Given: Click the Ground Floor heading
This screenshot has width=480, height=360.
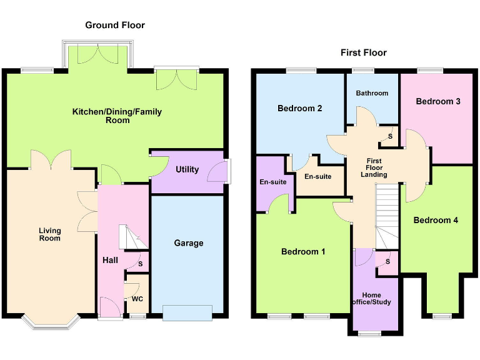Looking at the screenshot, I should point(115,25).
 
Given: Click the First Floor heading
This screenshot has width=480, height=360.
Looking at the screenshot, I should point(363,52).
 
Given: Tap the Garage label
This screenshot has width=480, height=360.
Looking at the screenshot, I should point(188,243).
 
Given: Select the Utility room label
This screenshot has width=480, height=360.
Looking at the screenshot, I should point(187,169).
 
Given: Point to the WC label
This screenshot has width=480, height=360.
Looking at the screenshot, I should point(137,299).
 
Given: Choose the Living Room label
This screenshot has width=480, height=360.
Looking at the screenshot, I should point(49,234).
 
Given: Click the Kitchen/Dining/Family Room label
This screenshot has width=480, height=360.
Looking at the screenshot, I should point(117,116).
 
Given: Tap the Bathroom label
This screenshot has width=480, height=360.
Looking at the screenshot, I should point(372,93).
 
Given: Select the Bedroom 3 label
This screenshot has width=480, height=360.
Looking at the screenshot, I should point(438,101).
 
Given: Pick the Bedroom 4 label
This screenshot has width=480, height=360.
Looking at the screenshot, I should point(431,220).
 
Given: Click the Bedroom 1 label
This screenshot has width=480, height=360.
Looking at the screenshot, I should point(303,252).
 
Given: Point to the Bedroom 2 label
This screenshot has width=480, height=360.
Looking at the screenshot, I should point(300,108).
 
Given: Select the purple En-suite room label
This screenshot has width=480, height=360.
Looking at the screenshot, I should point(272,182).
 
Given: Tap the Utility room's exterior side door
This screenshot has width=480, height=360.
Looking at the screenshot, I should point(227,169).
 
